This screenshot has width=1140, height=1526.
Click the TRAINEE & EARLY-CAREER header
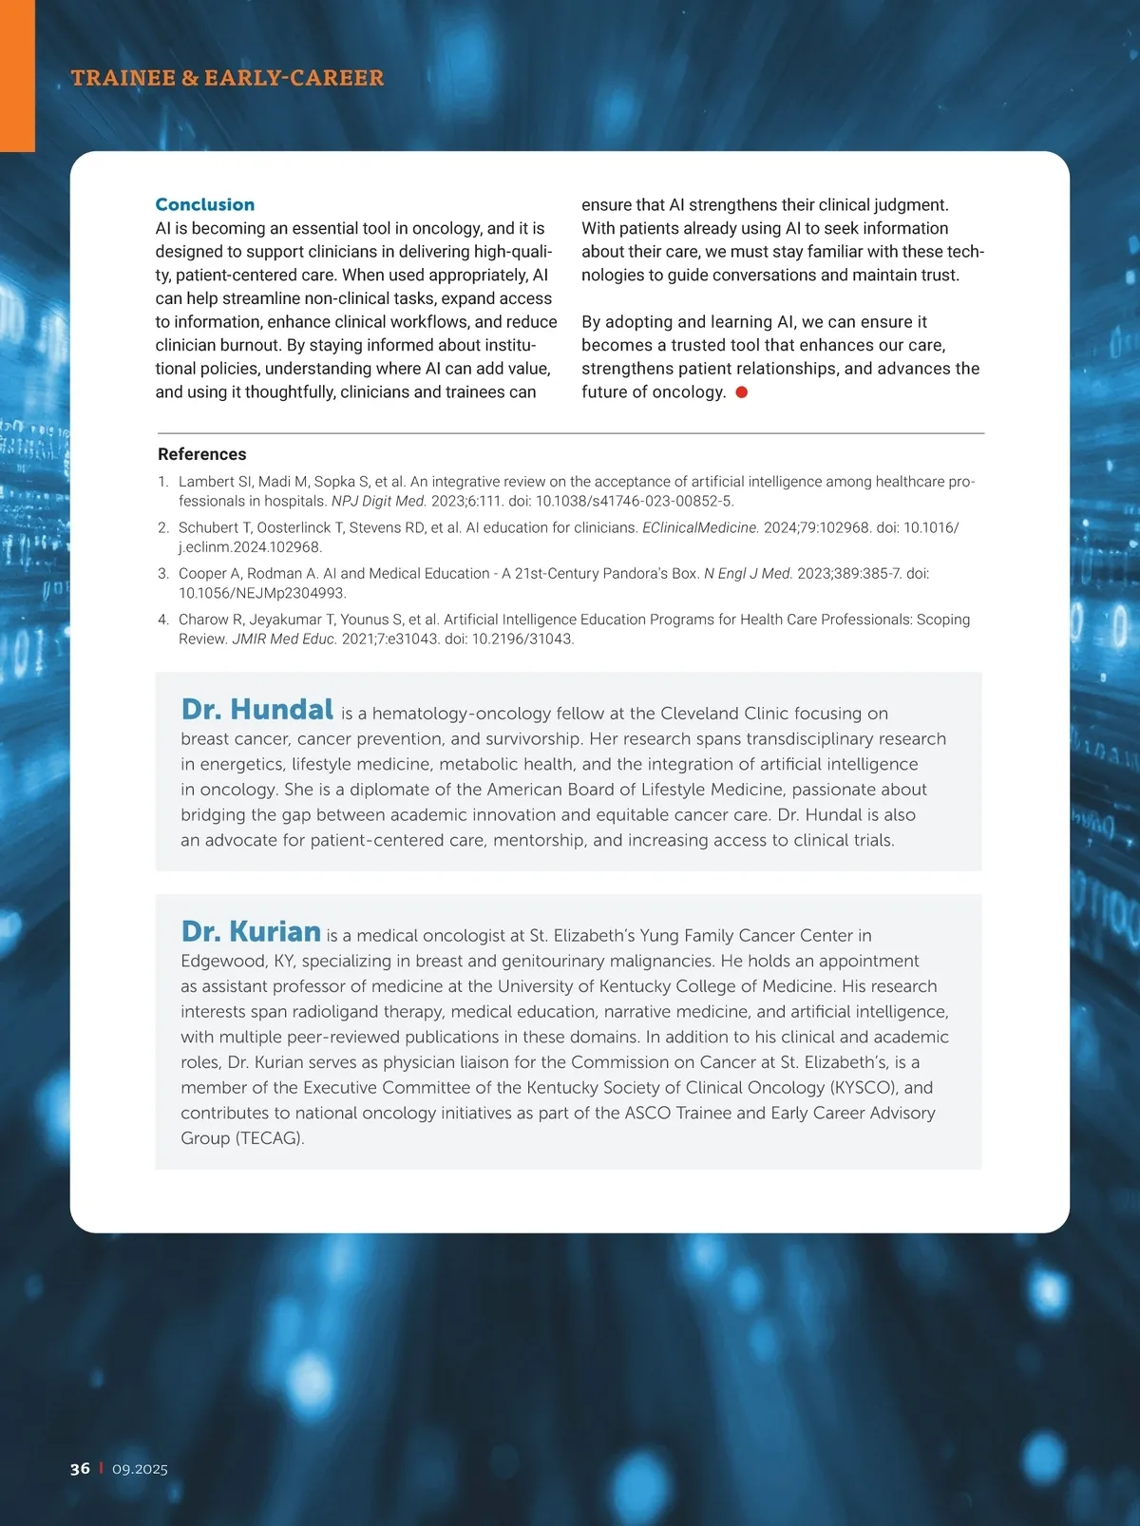227,78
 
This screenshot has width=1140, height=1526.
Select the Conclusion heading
204,204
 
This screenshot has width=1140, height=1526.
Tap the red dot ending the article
742,392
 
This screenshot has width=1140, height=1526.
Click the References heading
201,454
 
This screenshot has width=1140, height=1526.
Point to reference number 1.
162,482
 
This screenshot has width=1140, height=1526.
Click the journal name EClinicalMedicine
700,527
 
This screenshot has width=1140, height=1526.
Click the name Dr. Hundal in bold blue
256,710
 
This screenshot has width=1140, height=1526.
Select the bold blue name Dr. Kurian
251,931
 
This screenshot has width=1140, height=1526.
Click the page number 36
80,1468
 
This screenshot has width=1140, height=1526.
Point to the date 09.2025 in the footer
140,1469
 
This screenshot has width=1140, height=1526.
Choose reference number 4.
162,620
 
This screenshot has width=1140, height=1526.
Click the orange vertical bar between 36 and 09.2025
101,1468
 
